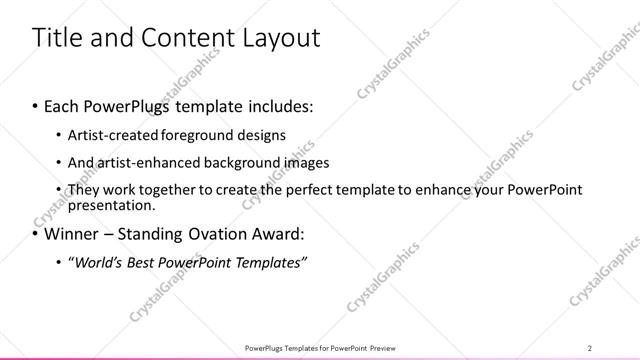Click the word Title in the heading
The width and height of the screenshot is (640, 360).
[57, 38]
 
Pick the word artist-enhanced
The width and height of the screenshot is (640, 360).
[144, 162]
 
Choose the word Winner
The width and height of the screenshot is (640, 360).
[69, 235]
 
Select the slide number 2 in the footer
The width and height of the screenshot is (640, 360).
[590, 347]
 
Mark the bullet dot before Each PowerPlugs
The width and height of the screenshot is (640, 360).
[36, 105]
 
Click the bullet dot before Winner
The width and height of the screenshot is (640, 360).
[36, 235]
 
